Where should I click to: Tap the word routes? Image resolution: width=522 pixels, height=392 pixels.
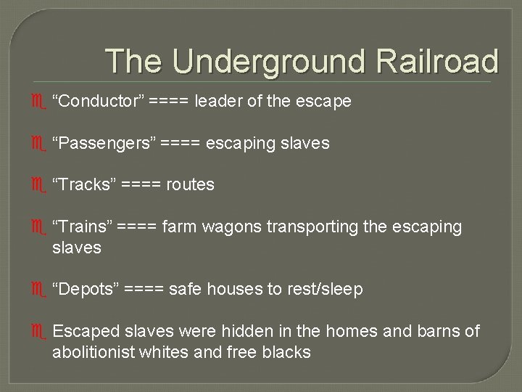(x=191, y=184)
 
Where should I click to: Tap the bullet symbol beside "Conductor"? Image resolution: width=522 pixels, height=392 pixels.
(x=40, y=102)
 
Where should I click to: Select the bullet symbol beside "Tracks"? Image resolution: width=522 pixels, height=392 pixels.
(x=40, y=185)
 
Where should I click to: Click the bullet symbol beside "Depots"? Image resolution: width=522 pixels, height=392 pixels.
(x=40, y=290)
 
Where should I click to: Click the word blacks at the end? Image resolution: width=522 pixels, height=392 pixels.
(x=286, y=352)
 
